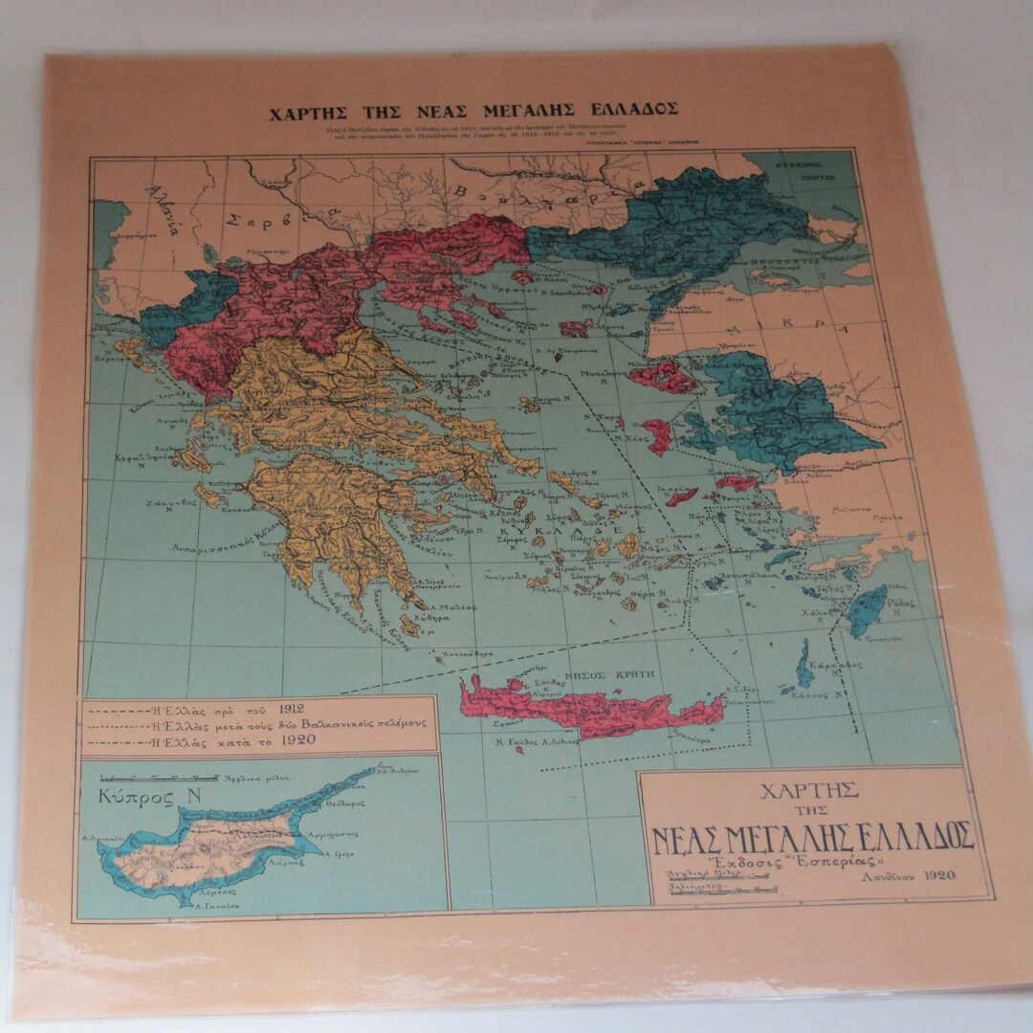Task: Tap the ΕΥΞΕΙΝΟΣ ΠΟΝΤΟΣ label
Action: (x=799, y=170)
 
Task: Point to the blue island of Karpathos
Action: (x=806, y=666)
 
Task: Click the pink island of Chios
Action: (x=658, y=435)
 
